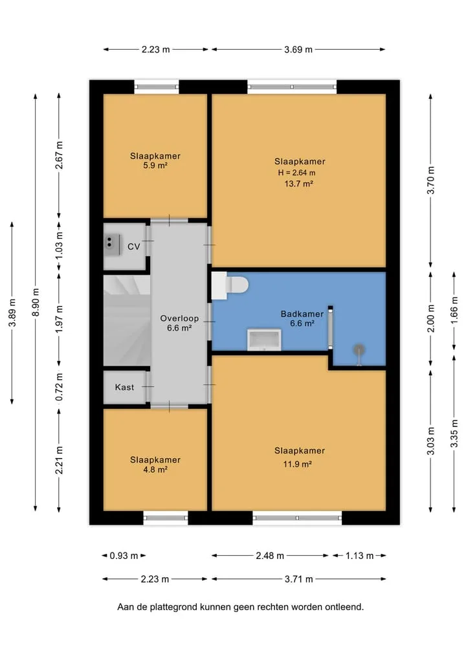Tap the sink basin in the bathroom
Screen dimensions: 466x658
[x=264, y=340]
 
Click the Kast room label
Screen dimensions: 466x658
[x=124, y=388]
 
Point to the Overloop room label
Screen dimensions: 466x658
[x=179, y=318]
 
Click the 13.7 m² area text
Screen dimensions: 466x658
[x=299, y=183]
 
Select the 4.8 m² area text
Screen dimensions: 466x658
[x=155, y=470]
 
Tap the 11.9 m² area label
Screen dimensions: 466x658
[x=297, y=464]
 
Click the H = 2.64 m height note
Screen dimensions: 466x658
[x=296, y=173]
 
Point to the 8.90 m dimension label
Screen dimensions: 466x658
[x=36, y=303]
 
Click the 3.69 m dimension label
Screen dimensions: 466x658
[x=298, y=50]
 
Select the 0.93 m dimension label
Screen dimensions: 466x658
[x=124, y=556]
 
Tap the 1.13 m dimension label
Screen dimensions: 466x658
[x=359, y=556]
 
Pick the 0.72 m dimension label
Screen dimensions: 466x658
[x=59, y=386]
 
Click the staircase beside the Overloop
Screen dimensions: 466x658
[x=127, y=321]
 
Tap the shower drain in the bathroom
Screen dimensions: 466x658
[x=359, y=349]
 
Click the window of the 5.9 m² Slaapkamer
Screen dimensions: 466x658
[x=157, y=87]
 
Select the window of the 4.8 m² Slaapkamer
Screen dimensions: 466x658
[x=166, y=518]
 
